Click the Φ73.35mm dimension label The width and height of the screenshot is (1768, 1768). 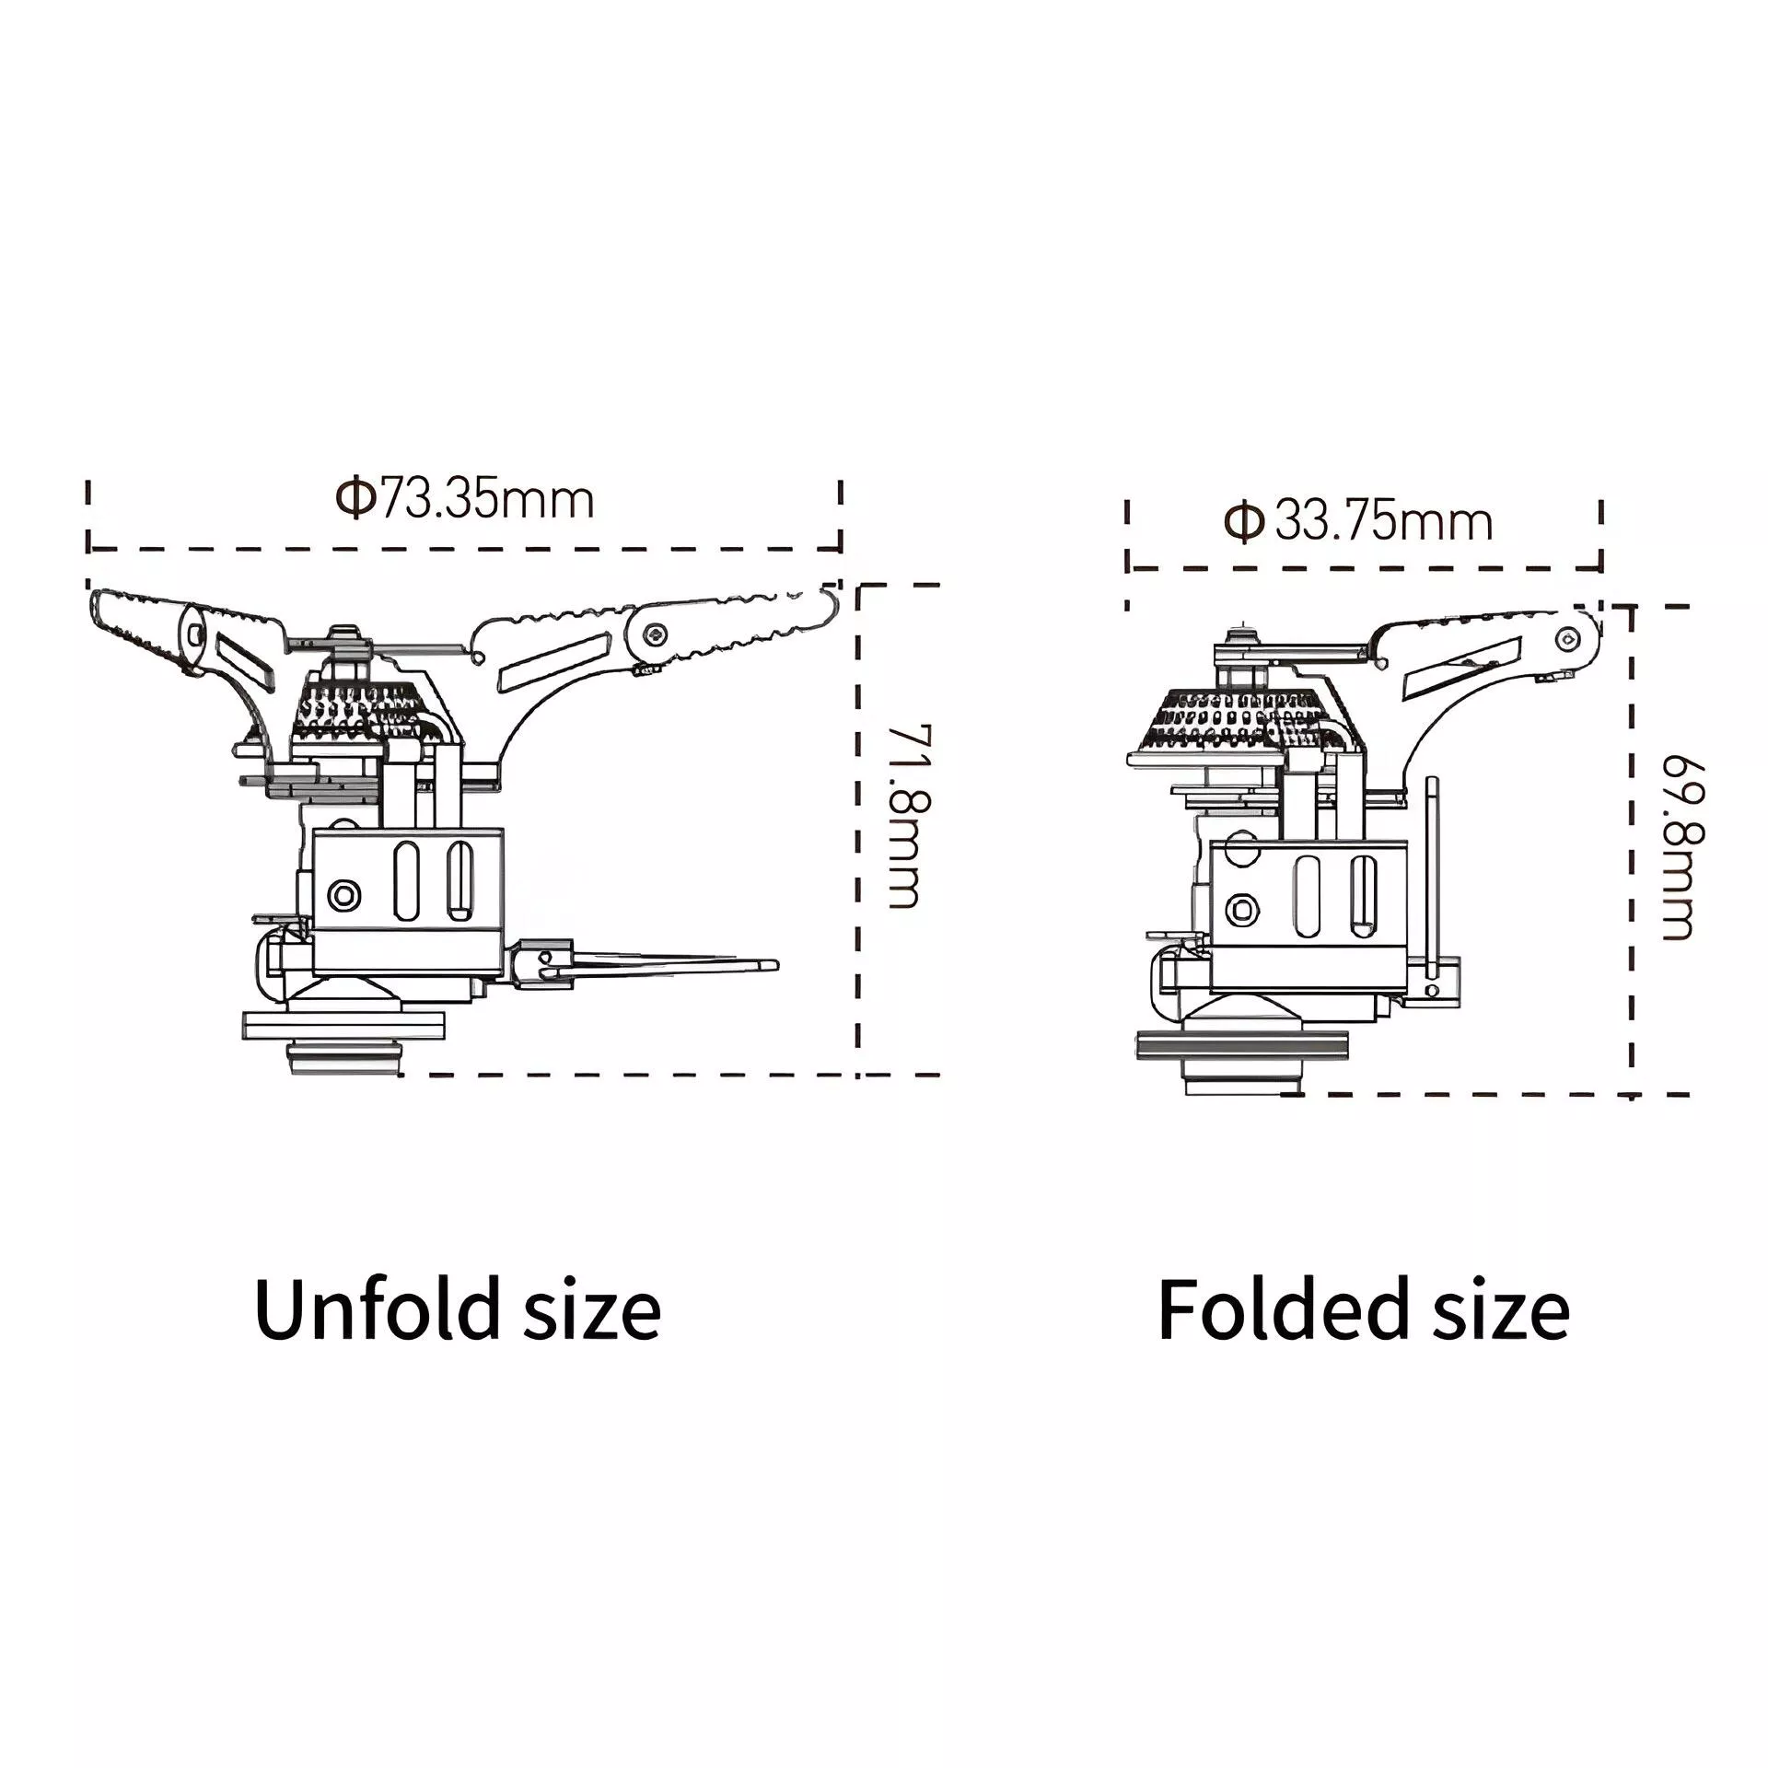pos(464,500)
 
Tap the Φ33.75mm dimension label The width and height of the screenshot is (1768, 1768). pos(1357,522)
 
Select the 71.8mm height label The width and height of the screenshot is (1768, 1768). pos(905,816)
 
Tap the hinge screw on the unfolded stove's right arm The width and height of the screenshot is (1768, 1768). pos(655,633)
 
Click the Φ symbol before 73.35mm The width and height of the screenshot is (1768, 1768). pos(355,500)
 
